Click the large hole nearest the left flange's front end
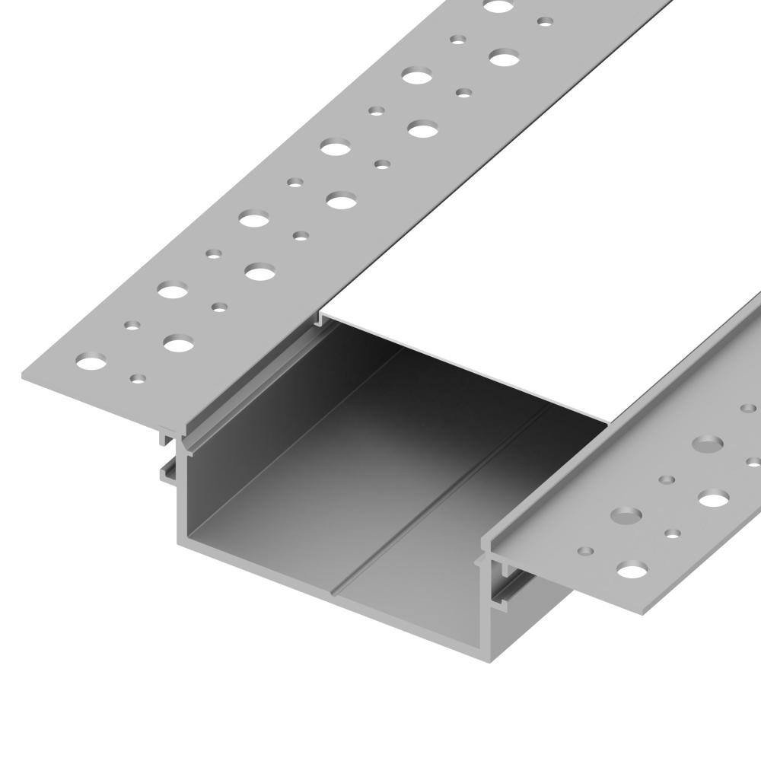pyautogui.click(x=92, y=361)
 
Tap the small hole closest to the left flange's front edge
pyautogui.click(x=138, y=377)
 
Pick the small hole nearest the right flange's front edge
pyautogui.click(x=584, y=550)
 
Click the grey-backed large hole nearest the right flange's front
pyautogui.click(x=626, y=516)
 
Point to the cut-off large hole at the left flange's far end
pyautogui.click(x=498, y=6)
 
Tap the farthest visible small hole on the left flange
pyautogui.click(x=545, y=21)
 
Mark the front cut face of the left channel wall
pyautogui.click(x=183, y=495)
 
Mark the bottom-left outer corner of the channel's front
pyautogui.click(x=179, y=543)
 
